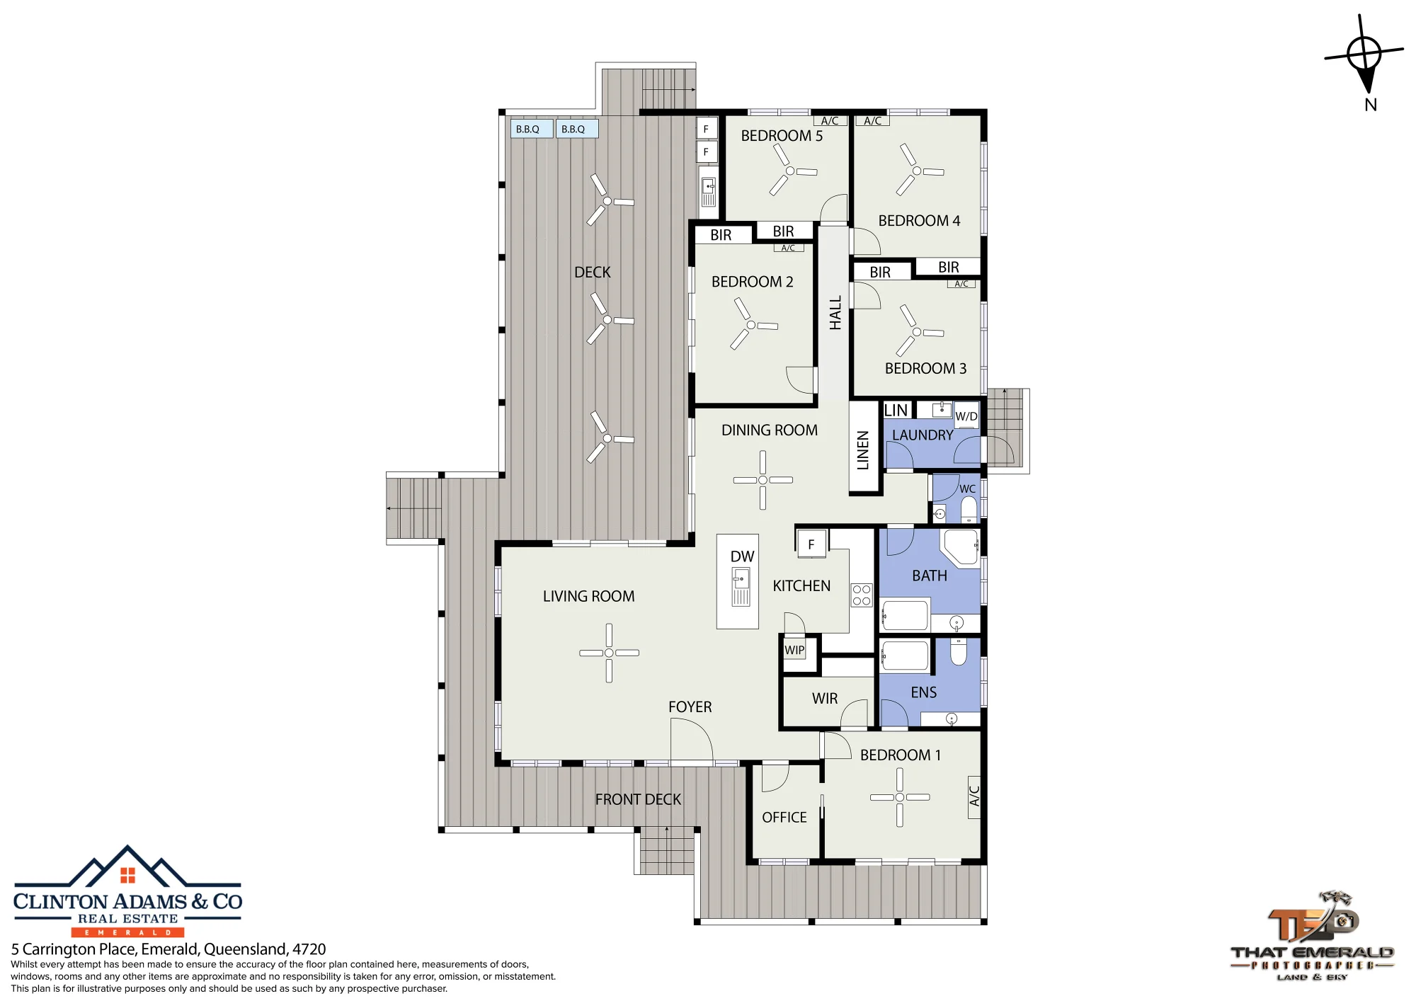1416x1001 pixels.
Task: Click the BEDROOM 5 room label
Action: pyautogui.click(x=782, y=136)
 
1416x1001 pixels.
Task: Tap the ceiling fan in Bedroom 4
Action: pyautogui.click(x=918, y=170)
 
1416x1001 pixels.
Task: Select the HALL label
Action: pyautogui.click(x=835, y=313)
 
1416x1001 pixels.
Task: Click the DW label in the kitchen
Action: pyautogui.click(x=742, y=556)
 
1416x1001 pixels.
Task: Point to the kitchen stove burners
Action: pyautogui.click(x=862, y=595)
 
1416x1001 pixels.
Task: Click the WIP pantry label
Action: pyautogui.click(x=794, y=650)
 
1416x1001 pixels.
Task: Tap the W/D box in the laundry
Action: pyautogui.click(x=966, y=416)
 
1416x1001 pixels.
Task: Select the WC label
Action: pyautogui.click(x=967, y=489)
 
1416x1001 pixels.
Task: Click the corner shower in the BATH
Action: pyautogui.click(x=959, y=547)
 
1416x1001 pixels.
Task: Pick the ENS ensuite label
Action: pyautogui.click(x=924, y=692)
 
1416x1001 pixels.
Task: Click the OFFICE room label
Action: pyautogui.click(x=784, y=818)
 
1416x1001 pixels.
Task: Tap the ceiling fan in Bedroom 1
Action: pyautogui.click(x=900, y=797)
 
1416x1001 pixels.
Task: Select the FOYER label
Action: pyautogui.click(x=690, y=707)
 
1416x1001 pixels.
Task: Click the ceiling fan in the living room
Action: pyautogui.click(x=609, y=653)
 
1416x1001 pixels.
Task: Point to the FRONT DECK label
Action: pyautogui.click(x=638, y=800)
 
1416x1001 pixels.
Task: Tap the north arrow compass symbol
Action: pyautogui.click(x=1364, y=55)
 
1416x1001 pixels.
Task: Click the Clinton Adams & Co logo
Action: pyautogui.click(x=128, y=891)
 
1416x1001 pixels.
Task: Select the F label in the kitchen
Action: pyautogui.click(x=811, y=544)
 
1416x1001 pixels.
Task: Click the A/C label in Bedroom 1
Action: pyautogui.click(x=974, y=796)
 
